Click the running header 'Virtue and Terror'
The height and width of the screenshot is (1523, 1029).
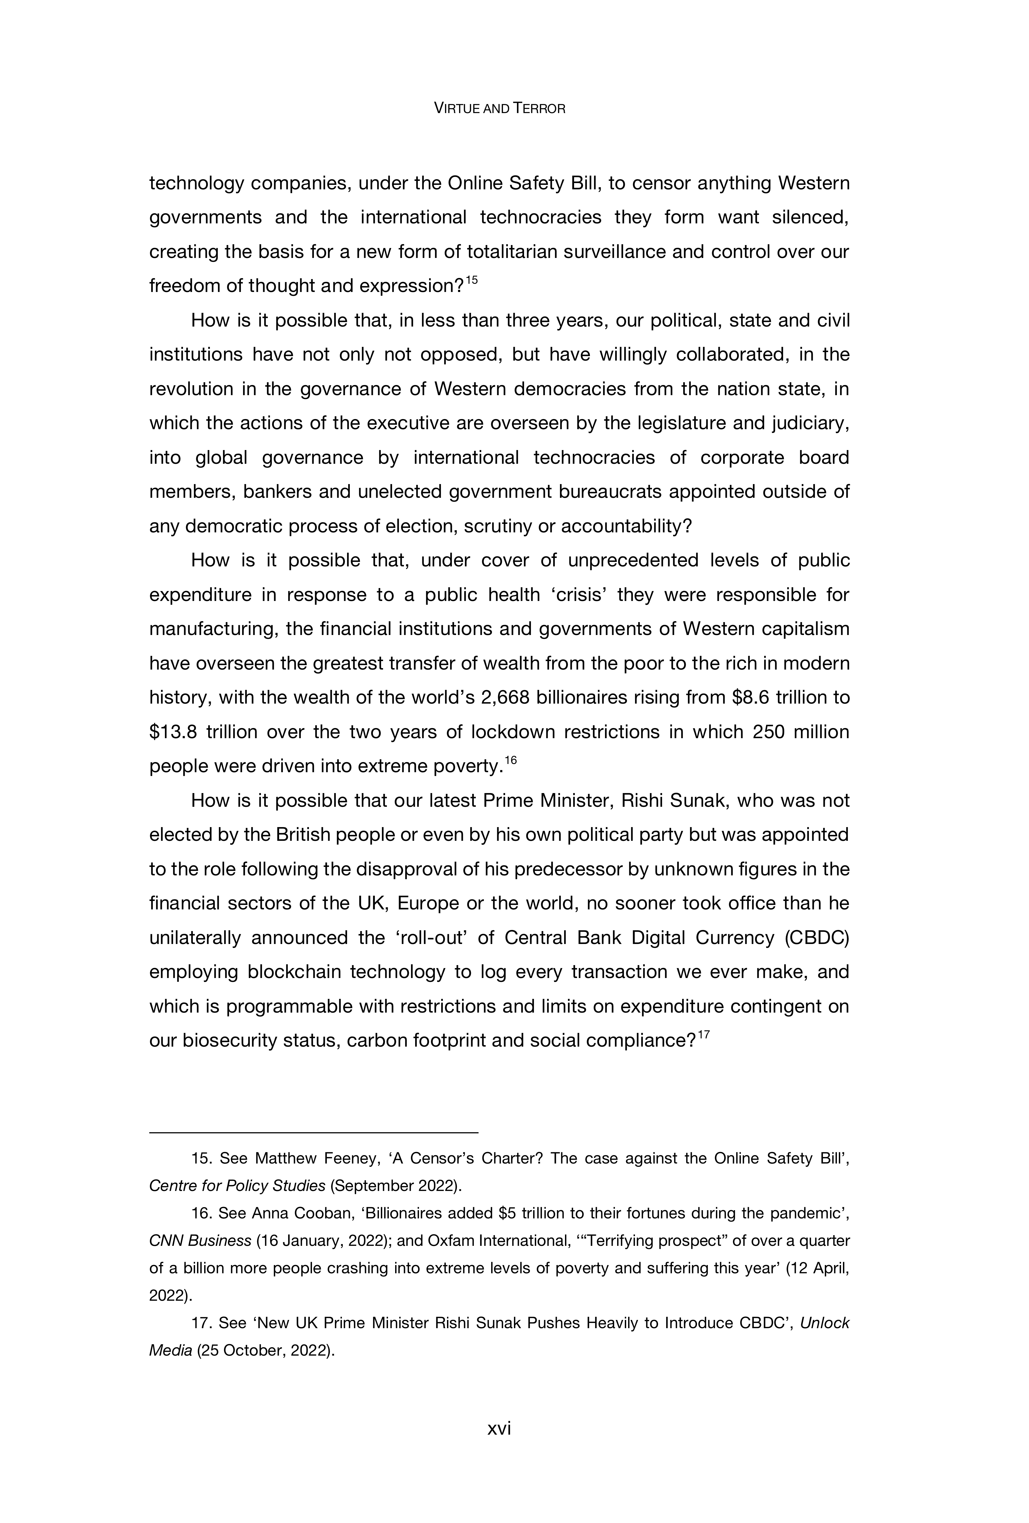[499, 109]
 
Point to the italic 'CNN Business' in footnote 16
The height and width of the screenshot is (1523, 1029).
[200, 1241]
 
